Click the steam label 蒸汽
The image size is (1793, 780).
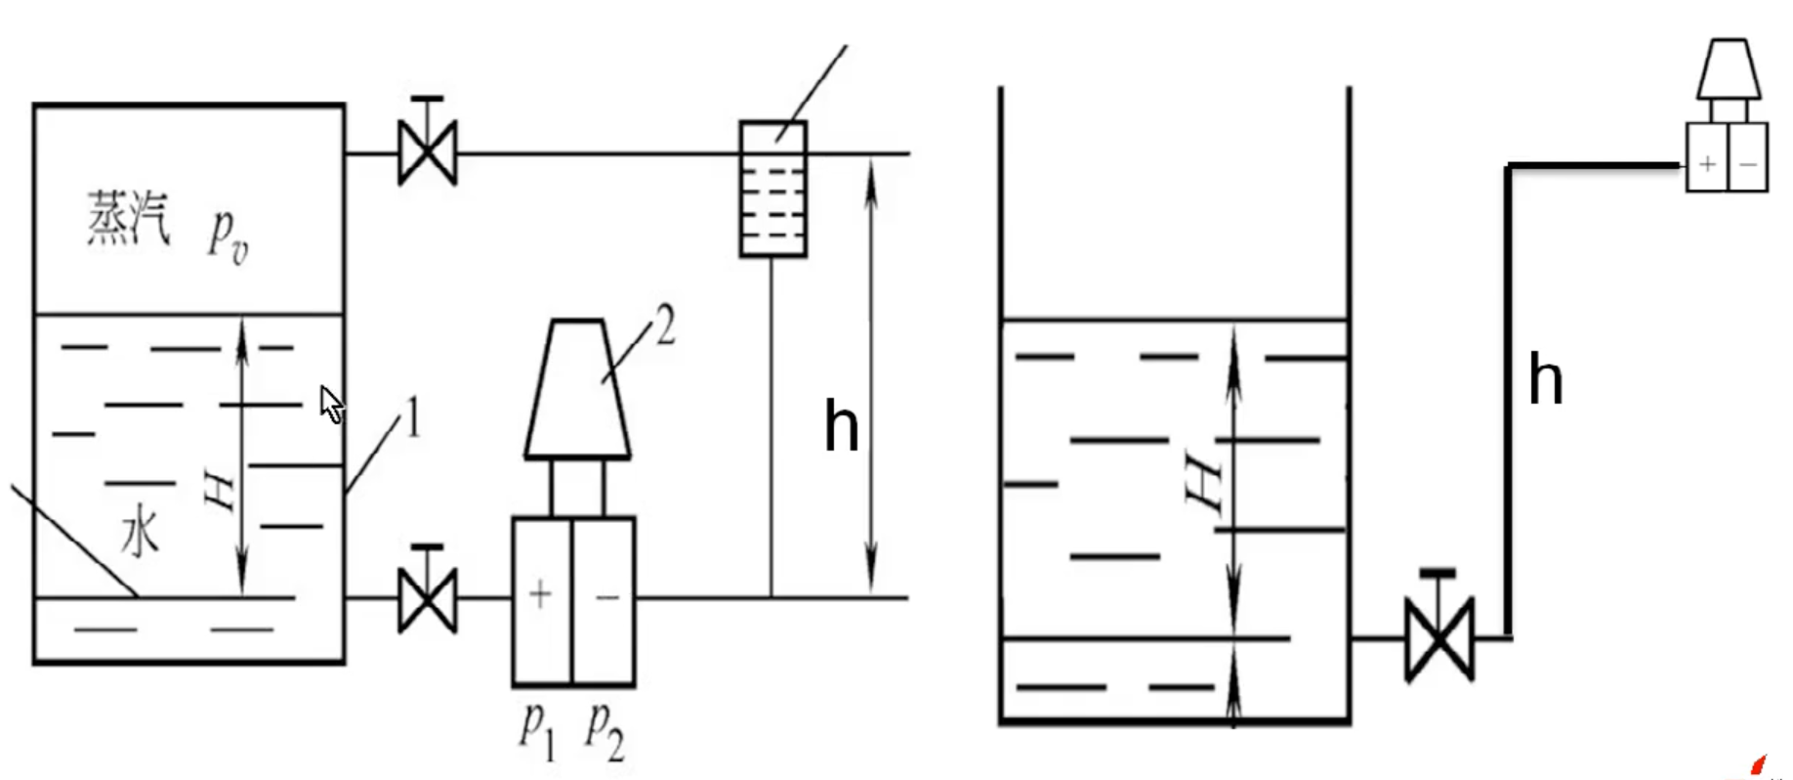128,218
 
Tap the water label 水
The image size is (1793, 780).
140,534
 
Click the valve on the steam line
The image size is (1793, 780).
428,152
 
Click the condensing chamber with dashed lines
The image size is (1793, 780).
773,190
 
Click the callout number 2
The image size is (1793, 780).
665,326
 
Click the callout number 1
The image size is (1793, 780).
413,418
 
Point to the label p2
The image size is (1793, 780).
605,729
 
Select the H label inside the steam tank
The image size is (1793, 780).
221,489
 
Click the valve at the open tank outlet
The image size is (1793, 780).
1439,637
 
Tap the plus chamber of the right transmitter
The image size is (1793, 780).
1707,163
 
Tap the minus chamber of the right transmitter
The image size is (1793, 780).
1748,163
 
